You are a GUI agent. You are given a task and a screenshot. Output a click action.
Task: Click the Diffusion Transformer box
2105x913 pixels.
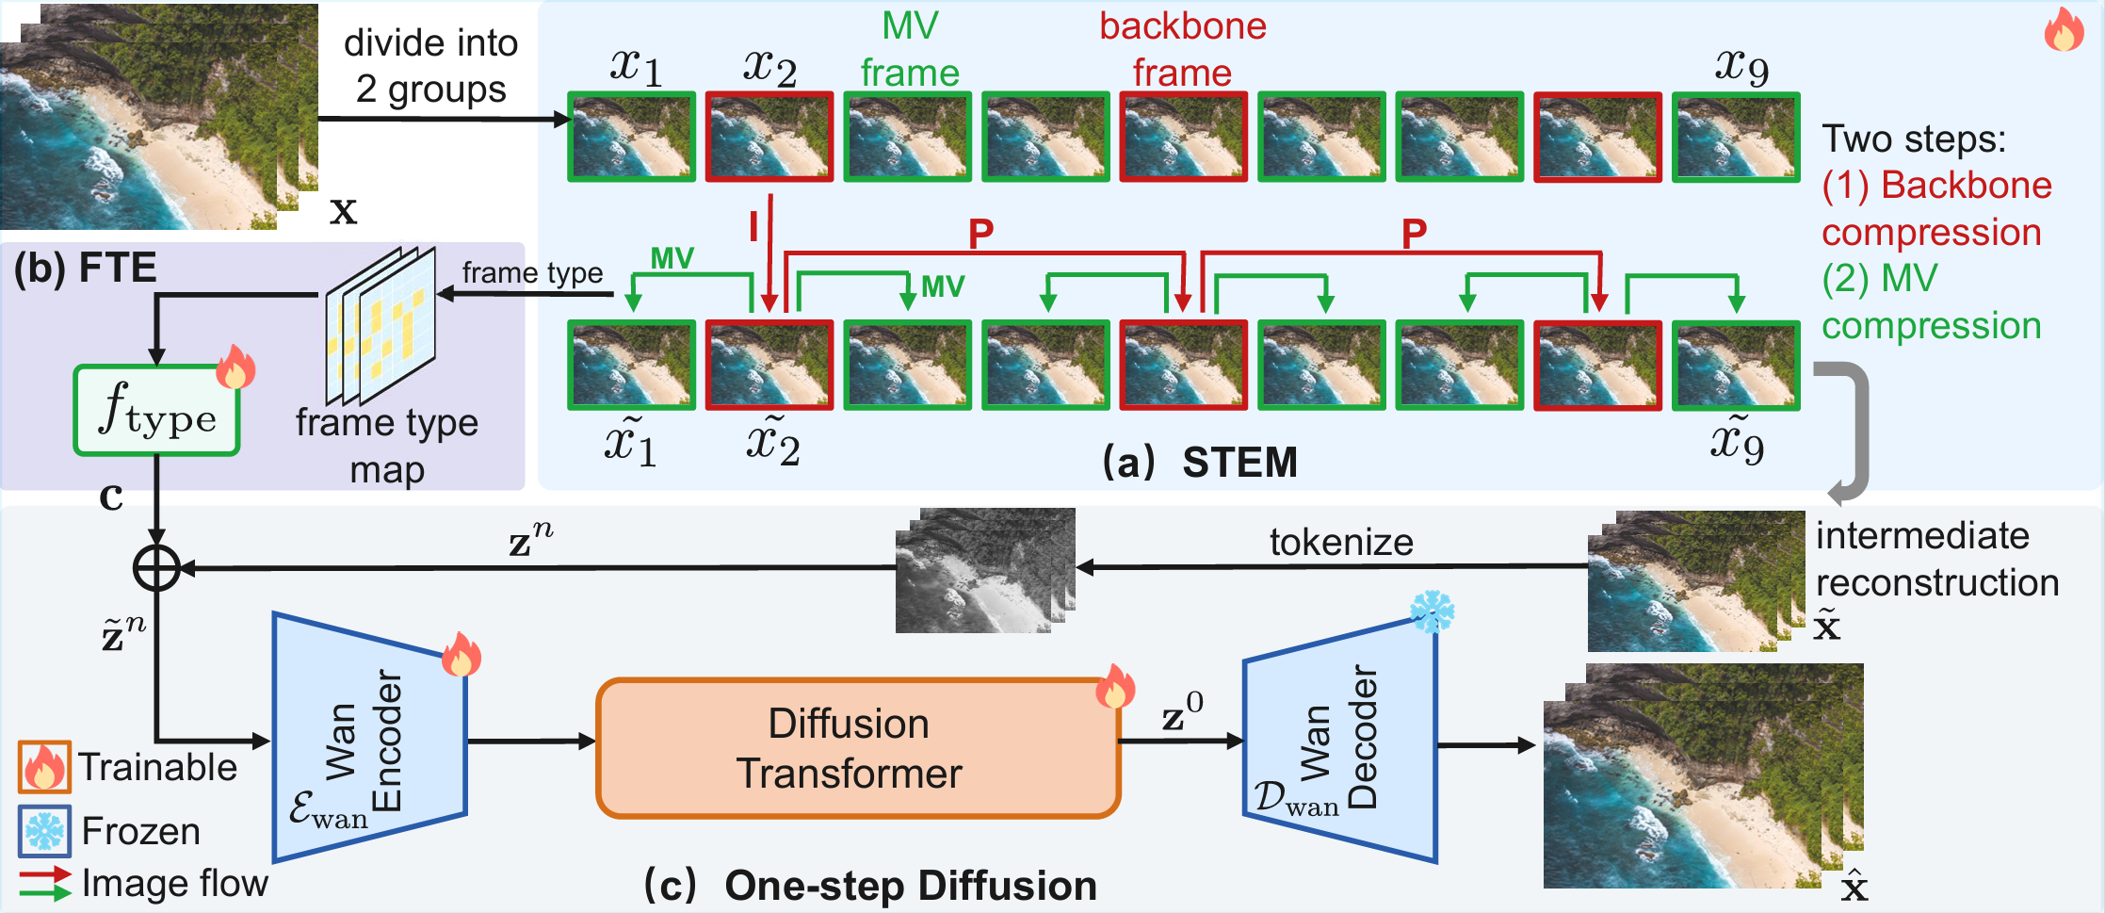[857, 748]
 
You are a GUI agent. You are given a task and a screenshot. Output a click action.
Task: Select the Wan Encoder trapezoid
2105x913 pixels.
[369, 737]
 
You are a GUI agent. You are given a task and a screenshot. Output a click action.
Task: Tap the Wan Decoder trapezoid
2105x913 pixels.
[1339, 741]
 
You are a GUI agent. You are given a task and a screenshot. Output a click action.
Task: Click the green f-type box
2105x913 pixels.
[156, 411]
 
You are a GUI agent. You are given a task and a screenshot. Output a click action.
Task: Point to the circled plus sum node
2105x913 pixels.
[156, 568]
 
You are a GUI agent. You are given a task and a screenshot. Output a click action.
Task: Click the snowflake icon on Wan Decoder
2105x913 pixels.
[1432, 612]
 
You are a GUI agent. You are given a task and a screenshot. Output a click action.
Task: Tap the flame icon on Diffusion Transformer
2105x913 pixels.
[1115, 688]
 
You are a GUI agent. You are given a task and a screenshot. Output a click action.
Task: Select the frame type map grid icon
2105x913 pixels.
[381, 324]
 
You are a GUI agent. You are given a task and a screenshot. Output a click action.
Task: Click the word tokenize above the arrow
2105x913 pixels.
[1340, 543]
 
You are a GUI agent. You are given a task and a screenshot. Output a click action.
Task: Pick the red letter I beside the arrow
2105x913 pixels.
[753, 227]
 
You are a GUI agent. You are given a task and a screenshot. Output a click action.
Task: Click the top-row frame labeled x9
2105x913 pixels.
[1735, 137]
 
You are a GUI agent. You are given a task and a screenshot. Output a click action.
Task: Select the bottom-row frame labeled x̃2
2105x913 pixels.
[769, 366]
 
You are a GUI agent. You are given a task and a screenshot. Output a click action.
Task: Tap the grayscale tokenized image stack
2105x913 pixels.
[984, 571]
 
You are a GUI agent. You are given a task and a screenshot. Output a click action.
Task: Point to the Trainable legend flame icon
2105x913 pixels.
[44, 767]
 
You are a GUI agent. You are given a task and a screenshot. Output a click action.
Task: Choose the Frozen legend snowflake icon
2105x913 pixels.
[44, 831]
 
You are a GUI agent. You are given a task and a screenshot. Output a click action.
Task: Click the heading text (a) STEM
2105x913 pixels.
[1200, 463]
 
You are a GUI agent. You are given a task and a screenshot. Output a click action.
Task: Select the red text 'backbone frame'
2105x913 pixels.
[1182, 49]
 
